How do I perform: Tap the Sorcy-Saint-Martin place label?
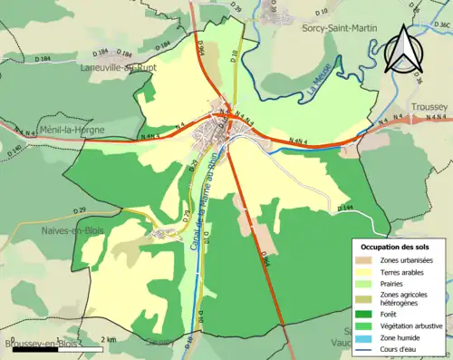click(340, 28)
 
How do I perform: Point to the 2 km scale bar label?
click(108, 339)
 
